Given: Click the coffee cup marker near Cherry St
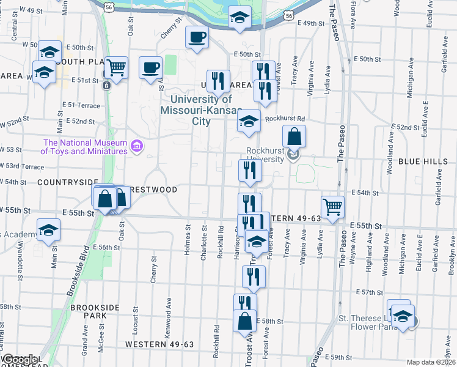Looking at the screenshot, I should click(x=197, y=38).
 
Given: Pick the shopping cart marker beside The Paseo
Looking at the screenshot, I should click(x=332, y=207).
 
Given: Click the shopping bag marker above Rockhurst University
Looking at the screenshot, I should click(x=294, y=136).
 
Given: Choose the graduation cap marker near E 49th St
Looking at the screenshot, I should click(x=240, y=18).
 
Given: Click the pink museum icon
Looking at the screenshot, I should click(x=137, y=146).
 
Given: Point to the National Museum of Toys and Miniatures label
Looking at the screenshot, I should click(x=84, y=146).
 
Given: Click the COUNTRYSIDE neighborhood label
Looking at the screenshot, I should click(x=67, y=182).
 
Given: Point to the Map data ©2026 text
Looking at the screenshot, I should click(x=431, y=362).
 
